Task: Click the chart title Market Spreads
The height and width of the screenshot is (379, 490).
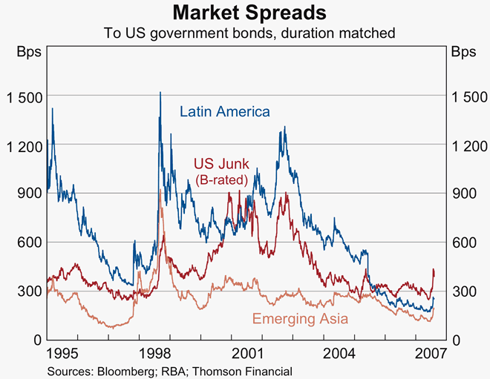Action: click(x=244, y=13)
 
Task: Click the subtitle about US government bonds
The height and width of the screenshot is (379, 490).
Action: click(x=244, y=33)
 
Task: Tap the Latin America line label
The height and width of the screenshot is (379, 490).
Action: click(x=225, y=111)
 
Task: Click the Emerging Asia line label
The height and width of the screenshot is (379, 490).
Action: click(x=301, y=319)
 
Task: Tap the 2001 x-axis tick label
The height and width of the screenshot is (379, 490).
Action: click(x=249, y=352)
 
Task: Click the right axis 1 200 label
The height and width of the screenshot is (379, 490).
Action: click(x=467, y=145)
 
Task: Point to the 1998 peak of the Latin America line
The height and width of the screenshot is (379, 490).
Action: click(x=160, y=93)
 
